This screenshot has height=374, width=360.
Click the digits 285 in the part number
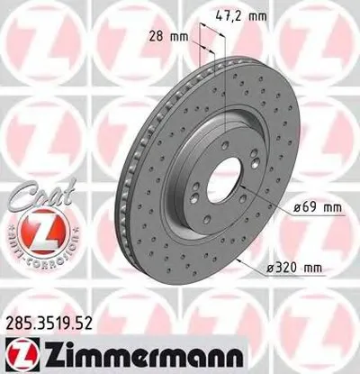pos(18,317)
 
